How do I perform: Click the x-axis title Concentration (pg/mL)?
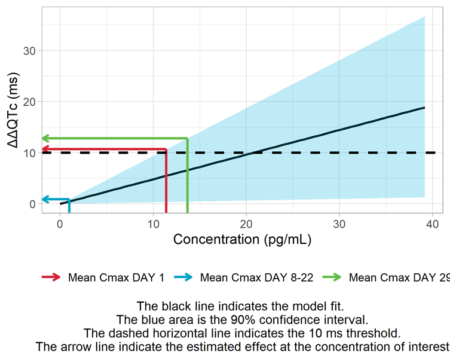(242, 240)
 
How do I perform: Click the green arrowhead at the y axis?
(44, 138)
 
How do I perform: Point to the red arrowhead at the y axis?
(44, 149)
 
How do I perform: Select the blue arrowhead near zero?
(44, 199)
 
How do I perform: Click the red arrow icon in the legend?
(51, 277)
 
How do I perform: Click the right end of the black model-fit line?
(424, 108)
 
